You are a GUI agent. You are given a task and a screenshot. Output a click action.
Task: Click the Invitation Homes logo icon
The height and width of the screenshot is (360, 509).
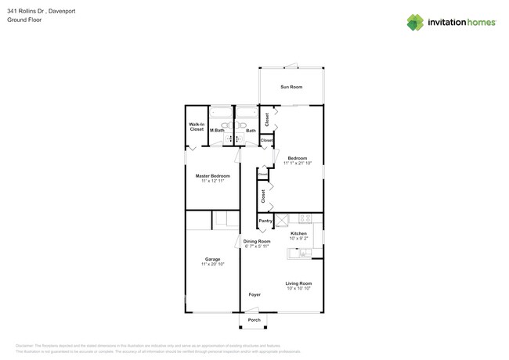[415, 22]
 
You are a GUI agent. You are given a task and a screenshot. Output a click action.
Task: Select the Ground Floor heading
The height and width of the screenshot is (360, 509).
[24, 20]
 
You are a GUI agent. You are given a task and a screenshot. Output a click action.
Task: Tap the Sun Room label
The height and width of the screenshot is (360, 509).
[291, 87]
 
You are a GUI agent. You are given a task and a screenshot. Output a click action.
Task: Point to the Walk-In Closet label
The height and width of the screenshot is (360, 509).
[196, 127]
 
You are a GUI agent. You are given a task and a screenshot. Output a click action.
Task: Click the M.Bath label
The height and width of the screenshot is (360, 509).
[217, 131]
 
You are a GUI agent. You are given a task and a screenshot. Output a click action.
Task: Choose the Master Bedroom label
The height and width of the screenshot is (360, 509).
[212, 176]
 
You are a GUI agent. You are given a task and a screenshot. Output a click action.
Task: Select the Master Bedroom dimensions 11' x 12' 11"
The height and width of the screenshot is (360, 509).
[212, 182]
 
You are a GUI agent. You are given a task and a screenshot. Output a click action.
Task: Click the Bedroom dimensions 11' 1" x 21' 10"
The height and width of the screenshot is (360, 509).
[298, 164]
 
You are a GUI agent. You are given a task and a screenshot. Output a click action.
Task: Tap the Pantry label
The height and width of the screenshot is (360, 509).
[265, 221]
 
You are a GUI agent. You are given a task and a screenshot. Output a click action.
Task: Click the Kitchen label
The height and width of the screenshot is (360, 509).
[298, 233]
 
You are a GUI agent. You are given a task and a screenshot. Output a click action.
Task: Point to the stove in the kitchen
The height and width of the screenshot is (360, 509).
[305, 219]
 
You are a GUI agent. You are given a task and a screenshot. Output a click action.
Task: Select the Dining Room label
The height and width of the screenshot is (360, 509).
[256, 241]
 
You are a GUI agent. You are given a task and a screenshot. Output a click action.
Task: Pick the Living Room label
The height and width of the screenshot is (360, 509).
[298, 283]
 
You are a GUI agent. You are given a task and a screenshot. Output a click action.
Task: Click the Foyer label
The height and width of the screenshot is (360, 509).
[254, 294]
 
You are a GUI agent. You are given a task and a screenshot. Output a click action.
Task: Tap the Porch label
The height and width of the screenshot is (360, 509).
[254, 320]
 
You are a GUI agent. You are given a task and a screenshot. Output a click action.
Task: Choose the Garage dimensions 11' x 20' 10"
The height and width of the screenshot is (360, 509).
[212, 265]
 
